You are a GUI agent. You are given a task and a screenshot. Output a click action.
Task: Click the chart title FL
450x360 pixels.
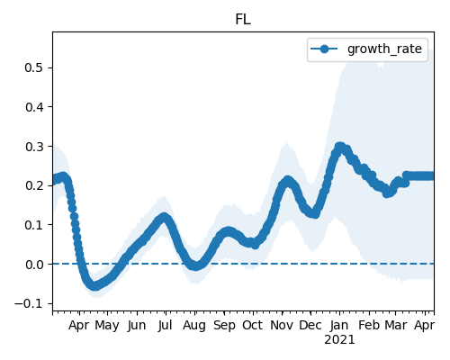tap(243, 20)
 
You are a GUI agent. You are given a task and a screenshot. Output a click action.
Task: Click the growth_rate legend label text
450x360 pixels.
tap(384, 49)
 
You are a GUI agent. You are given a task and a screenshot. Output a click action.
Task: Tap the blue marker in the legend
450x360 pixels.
tap(324, 49)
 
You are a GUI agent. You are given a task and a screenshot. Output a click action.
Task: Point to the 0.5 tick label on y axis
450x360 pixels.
tap(34, 67)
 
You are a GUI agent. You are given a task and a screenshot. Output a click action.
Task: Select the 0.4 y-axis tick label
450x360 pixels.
tap(34, 107)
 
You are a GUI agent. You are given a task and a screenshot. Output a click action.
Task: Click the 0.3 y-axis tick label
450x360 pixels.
tap(34, 147)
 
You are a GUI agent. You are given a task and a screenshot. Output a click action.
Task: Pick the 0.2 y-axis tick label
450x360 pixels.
tap(34, 185)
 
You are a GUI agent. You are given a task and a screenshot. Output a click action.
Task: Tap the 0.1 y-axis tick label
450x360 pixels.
tap(34, 225)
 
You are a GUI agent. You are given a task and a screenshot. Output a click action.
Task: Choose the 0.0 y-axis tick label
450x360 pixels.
tap(34, 265)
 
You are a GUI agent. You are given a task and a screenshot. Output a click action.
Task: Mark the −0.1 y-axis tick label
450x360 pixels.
tap(29, 304)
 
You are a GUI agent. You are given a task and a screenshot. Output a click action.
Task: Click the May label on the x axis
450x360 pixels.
tap(107, 326)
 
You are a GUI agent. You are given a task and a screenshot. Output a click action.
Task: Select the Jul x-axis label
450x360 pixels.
tap(166, 325)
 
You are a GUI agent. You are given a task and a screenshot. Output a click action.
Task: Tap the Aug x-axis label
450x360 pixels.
tap(194, 326)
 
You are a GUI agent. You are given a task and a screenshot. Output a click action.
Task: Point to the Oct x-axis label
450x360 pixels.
tap(253, 325)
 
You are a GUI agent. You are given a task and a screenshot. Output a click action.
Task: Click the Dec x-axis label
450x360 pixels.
tap(310, 325)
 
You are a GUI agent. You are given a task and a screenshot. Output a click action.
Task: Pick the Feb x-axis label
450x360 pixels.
tap(369, 325)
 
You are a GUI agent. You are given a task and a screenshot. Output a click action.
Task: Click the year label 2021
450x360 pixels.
tap(339, 340)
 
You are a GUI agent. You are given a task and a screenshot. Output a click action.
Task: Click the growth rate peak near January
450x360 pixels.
tap(339, 147)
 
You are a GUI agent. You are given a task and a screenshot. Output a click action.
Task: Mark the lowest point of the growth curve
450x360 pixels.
tap(94, 285)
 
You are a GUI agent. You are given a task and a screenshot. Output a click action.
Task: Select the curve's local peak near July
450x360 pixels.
tap(164, 217)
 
